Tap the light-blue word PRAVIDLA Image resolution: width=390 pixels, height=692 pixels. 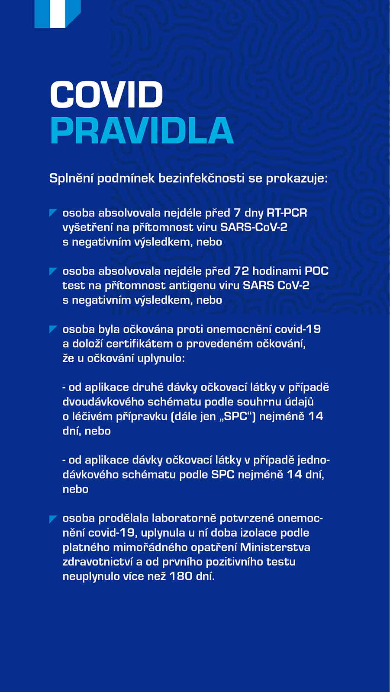pyautogui.click(x=142, y=131)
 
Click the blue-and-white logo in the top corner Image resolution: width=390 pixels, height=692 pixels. pyautogui.click(x=57, y=14)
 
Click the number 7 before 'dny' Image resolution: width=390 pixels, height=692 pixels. pyautogui.click(x=237, y=213)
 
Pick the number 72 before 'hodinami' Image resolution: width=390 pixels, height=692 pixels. pyautogui.click(x=241, y=271)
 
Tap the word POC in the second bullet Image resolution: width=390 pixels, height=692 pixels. pyautogui.click(x=316, y=271)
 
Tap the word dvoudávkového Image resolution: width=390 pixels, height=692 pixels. pyautogui.click(x=103, y=402)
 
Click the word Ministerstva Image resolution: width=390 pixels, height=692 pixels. pyautogui.click(x=275, y=547)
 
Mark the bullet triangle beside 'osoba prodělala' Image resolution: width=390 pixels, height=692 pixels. pyautogui.click(x=53, y=519)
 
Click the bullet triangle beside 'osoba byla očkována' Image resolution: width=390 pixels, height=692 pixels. pyautogui.click(x=53, y=329)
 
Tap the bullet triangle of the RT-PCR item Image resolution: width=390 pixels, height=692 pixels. pyautogui.click(x=53, y=212)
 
